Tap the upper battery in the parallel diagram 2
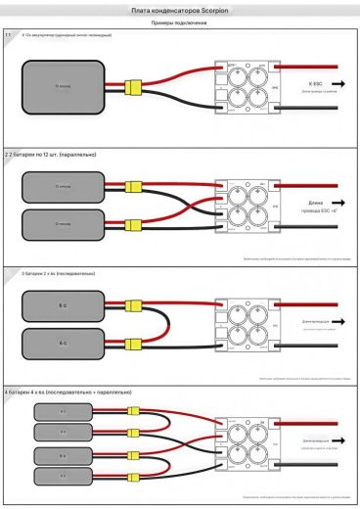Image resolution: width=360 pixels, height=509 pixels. tap(62, 186)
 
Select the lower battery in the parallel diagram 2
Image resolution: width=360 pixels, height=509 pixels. tap(62, 225)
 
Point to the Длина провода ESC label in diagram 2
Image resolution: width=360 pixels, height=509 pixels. tap(314, 208)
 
